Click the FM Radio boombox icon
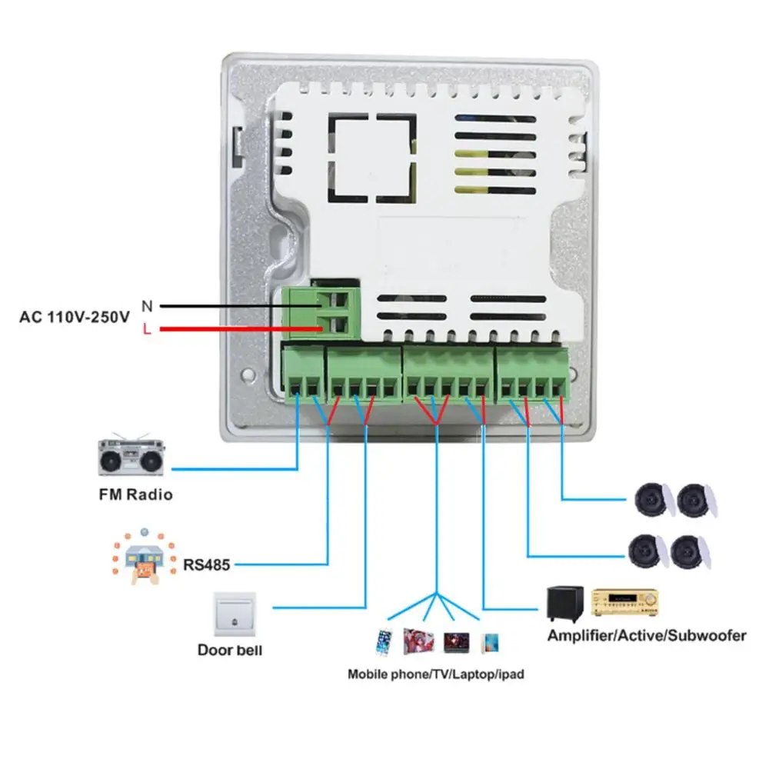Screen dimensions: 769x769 pyautogui.click(x=132, y=458)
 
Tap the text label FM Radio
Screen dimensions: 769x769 pyautogui.click(x=135, y=494)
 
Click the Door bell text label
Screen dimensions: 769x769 pyautogui.click(x=230, y=651)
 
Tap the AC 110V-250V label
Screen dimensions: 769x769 pyautogui.click(x=75, y=316)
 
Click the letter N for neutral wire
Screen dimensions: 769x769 pyautogui.click(x=147, y=305)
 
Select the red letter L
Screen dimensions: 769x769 pyautogui.click(x=147, y=330)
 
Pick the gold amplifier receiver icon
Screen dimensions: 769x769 pyautogui.click(x=625, y=602)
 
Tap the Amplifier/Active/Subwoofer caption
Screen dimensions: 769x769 pyautogui.click(x=646, y=636)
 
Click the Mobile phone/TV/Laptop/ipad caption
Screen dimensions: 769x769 pyautogui.click(x=435, y=674)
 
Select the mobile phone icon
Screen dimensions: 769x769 pyautogui.click(x=384, y=641)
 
